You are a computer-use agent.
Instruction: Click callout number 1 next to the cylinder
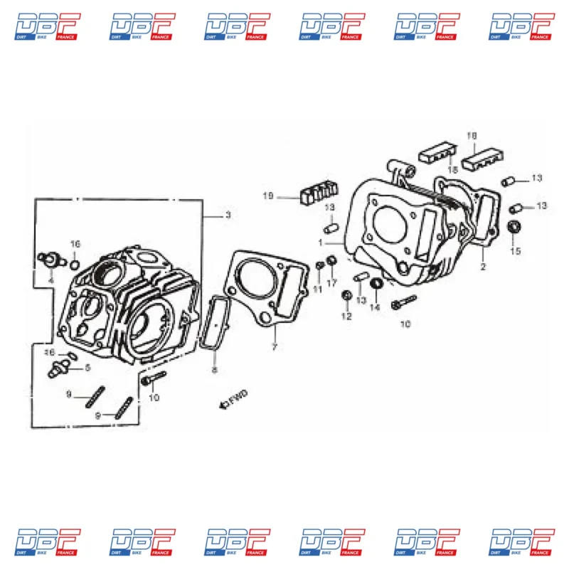click(x=321, y=243)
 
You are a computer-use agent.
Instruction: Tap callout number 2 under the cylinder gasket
click(x=483, y=267)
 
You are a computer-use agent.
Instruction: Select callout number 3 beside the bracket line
click(x=228, y=215)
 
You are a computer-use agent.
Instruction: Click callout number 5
click(x=87, y=368)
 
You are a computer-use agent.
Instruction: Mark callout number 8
click(x=214, y=370)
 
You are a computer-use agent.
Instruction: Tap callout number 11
click(x=319, y=289)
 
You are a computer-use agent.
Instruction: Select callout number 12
click(x=346, y=317)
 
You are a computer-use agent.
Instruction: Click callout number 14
click(x=374, y=307)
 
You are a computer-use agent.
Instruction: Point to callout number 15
click(x=516, y=251)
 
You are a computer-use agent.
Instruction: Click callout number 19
click(x=267, y=196)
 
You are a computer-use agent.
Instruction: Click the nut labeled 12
click(x=346, y=295)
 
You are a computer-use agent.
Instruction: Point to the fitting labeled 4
click(x=50, y=257)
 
